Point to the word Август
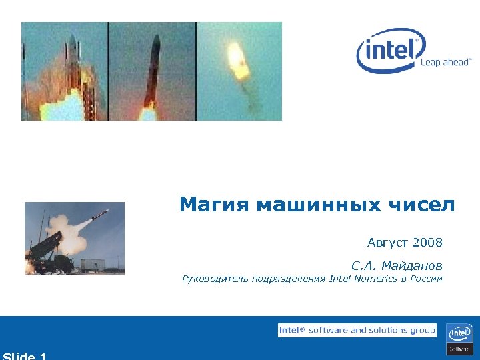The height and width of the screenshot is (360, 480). (x=388, y=241)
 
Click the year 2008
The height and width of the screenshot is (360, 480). (x=427, y=241)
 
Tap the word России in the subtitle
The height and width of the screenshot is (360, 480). (x=427, y=279)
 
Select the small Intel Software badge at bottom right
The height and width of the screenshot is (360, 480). (x=459, y=339)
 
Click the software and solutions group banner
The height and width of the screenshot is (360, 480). (x=357, y=331)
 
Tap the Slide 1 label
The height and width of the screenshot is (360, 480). (x=25, y=355)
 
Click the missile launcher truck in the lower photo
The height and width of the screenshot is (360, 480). (x=50, y=252)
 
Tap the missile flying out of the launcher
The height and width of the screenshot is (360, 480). (x=98, y=215)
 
